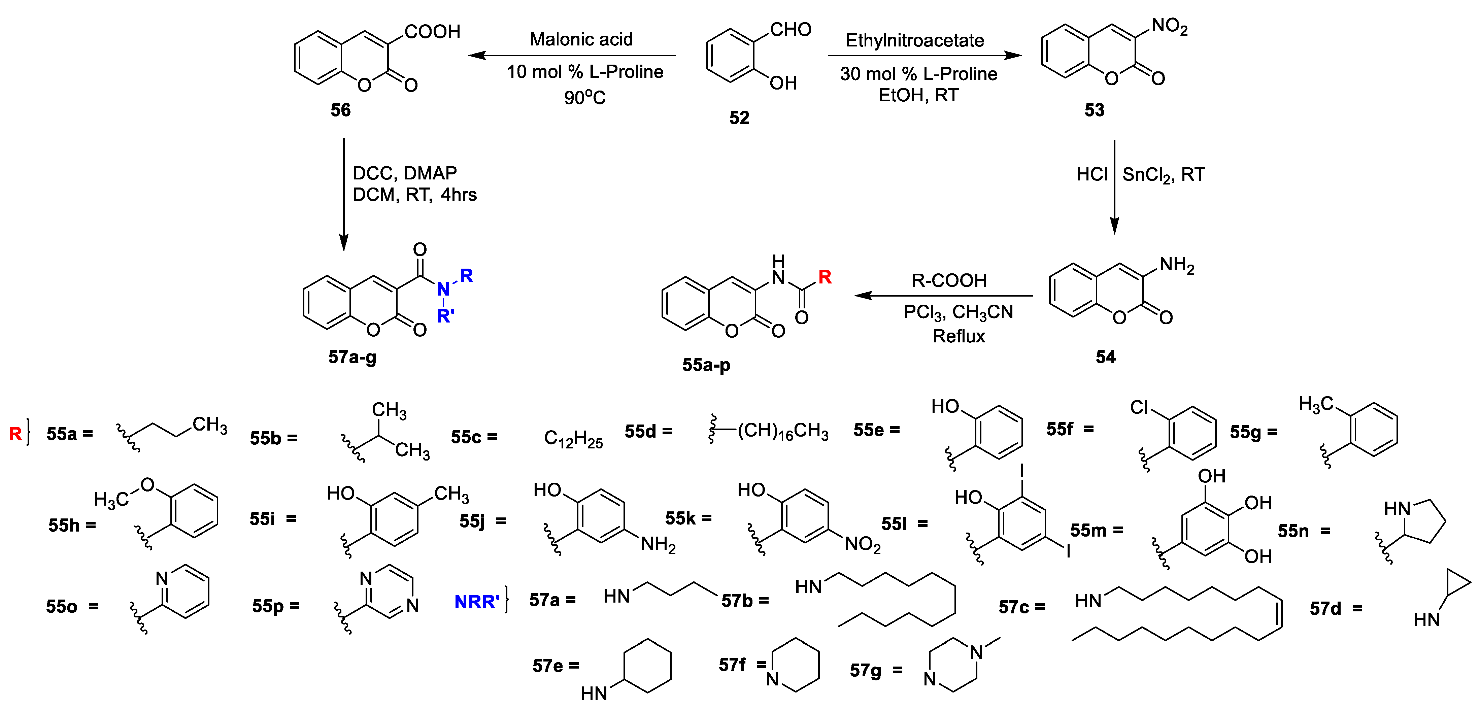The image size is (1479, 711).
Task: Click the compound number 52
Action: point(739,118)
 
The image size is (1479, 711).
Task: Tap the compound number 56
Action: point(340,110)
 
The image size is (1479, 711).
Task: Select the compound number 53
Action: point(1094,110)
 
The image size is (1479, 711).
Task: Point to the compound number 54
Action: point(1105,357)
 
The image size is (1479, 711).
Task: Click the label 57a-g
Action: point(352,357)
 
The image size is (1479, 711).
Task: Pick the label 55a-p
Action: point(706,365)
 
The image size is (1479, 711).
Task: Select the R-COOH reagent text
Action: point(949,280)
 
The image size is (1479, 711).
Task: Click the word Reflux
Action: point(958,336)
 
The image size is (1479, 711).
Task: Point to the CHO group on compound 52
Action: point(790,29)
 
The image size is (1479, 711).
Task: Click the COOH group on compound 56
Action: point(432,32)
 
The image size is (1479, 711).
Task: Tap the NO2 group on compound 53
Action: point(1169,26)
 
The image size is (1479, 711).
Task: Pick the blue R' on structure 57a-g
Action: point(445,315)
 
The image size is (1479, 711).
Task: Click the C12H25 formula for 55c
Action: point(573,439)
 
